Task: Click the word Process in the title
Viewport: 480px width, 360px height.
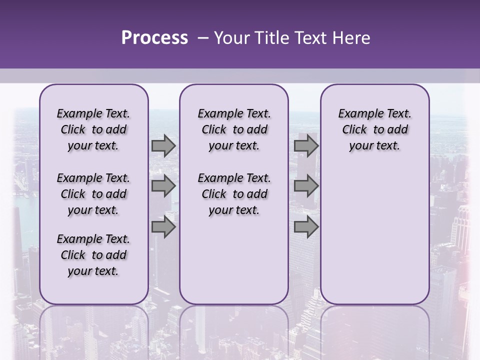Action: coord(154,38)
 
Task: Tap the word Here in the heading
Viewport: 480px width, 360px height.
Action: coord(352,38)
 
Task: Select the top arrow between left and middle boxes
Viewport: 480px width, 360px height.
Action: coord(163,146)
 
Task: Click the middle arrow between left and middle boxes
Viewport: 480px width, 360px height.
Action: coord(163,186)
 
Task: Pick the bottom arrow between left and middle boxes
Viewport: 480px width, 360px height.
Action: coord(163,227)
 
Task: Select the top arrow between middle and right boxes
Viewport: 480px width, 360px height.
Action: coord(306,146)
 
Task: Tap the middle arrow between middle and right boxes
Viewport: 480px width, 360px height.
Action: coord(306,186)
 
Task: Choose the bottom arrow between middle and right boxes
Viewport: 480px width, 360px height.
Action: coord(306,227)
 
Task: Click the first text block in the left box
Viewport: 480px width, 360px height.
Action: coord(93,129)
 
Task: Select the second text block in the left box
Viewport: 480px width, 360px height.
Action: coord(93,194)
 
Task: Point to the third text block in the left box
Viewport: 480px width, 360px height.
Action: coord(93,255)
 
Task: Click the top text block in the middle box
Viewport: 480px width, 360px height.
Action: coord(234,129)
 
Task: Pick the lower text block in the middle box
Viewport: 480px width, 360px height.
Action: coord(234,194)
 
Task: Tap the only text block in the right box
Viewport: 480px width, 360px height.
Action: coord(374,129)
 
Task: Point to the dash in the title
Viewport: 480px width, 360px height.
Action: coord(202,38)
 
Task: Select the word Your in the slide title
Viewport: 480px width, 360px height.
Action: coord(231,38)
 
